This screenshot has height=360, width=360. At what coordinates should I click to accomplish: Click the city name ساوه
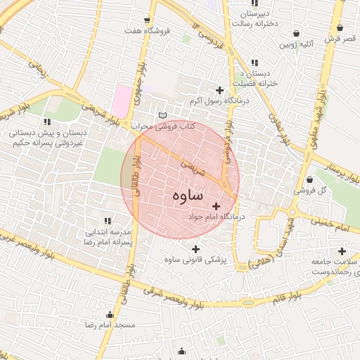[186, 195]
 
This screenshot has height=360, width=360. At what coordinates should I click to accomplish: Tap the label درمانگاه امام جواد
[215, 217]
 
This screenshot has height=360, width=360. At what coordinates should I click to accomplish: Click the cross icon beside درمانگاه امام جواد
[215, 206]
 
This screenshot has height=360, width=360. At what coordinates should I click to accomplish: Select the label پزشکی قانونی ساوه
[195, 260]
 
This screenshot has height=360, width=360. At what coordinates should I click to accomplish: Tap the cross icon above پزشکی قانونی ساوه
[195, 249]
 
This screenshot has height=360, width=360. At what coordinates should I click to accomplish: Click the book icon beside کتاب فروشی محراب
[163, 115]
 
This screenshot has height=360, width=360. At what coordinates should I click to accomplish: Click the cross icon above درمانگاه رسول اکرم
[220, 90]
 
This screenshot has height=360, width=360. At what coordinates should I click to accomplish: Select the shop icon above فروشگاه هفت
[146, 20]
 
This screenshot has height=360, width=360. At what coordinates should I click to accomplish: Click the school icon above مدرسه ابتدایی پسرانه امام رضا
[108, 221]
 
